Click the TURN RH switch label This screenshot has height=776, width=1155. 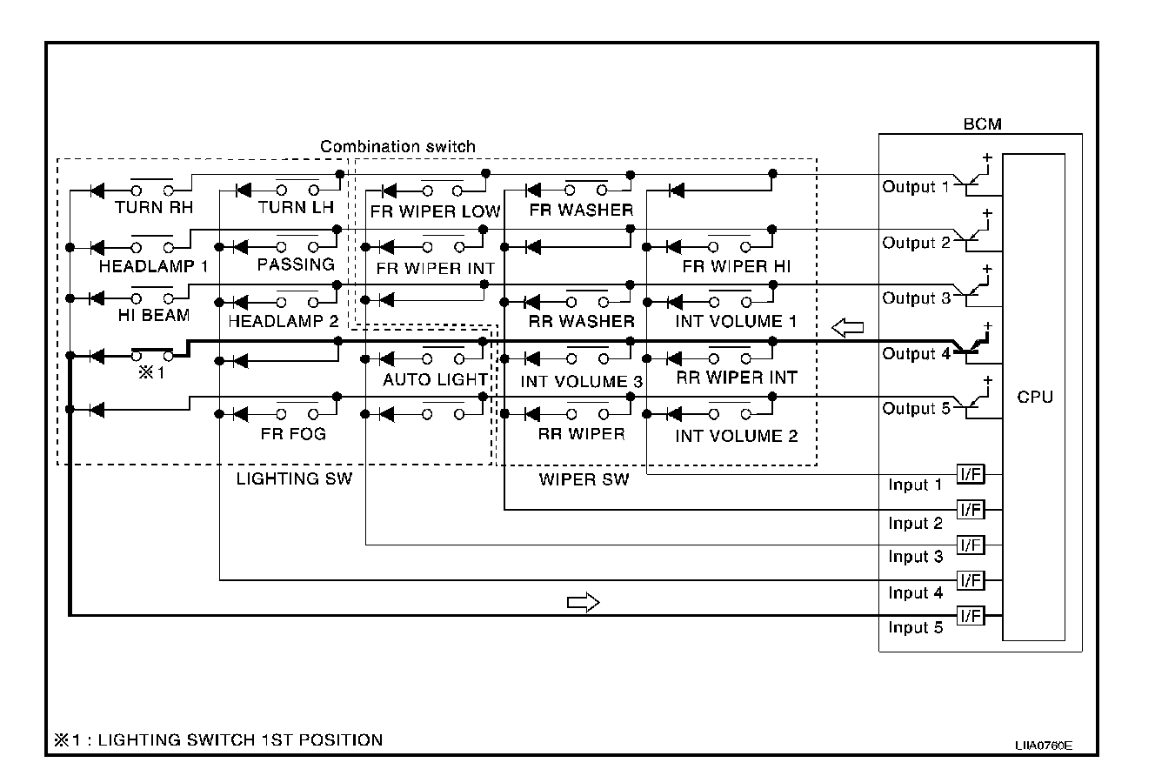click(154, 209)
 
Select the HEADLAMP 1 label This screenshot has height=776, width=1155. click(153, 266)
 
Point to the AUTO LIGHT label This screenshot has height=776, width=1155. click(435, 379)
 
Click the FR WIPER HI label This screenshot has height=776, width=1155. click(737, 266)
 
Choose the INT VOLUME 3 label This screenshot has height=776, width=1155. click(582, 381)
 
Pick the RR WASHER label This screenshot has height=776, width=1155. click(582, 321)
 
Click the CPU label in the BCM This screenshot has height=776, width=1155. click(1034, 397)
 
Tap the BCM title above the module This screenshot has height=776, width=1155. click(983, 124)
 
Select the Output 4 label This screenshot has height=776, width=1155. click(916, 353)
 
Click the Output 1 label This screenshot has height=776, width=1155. click(916, 187)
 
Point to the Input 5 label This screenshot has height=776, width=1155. click(915, 627)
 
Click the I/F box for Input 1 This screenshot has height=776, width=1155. click(970, 474)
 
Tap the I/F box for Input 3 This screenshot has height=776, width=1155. click(970, 545)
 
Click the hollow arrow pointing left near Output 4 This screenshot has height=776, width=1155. click(848, 327)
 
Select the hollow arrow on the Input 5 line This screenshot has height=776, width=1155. click(584, 602)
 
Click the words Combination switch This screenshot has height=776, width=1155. click(397, 146)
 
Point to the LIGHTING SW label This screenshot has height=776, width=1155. click(294, 478)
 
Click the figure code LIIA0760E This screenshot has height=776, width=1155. click(1042, 746)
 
